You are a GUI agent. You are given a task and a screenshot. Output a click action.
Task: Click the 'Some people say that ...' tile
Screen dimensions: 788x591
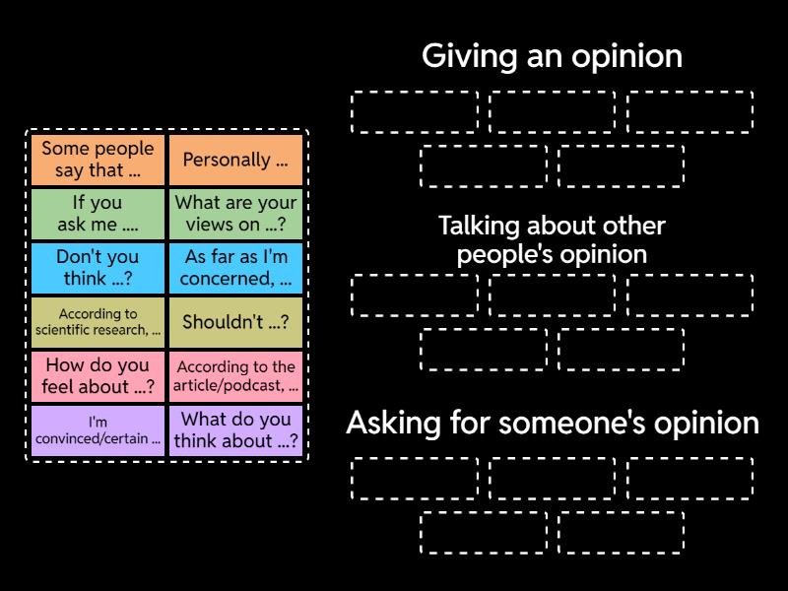(98, 160)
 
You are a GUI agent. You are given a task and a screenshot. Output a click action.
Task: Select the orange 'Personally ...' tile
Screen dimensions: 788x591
(235, 160)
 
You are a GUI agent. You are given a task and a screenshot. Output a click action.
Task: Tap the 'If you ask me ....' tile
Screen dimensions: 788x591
(98, 213)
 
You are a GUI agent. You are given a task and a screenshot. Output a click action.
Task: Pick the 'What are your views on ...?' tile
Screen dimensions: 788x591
(235, 213)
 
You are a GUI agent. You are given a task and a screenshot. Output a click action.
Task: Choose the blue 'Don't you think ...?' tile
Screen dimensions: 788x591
(98, 268)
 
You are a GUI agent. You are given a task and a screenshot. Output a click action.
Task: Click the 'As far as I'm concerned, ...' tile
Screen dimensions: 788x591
(235, 268)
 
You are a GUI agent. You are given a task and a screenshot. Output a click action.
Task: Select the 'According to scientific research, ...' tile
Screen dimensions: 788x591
(98, 322)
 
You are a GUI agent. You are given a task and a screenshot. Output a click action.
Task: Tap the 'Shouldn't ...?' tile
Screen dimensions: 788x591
(235, 322)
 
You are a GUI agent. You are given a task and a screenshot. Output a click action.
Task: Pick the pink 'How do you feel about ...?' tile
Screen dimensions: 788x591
(98, 375)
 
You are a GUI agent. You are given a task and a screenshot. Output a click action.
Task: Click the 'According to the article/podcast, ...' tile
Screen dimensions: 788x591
(235, 375)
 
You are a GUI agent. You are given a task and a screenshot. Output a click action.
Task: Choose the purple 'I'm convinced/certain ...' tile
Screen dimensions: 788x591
(98, 430)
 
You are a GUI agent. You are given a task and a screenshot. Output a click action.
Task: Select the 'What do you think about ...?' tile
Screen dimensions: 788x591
(235, 430)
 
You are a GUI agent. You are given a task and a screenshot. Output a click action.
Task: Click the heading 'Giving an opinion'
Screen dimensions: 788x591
(552, 56)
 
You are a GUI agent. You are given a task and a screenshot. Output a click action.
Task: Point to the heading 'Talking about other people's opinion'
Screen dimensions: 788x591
(552, 239)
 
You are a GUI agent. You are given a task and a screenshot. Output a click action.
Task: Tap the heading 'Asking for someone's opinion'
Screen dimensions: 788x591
(552, 424)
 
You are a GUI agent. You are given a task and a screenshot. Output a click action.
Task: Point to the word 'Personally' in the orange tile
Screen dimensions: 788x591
(227, 160)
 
